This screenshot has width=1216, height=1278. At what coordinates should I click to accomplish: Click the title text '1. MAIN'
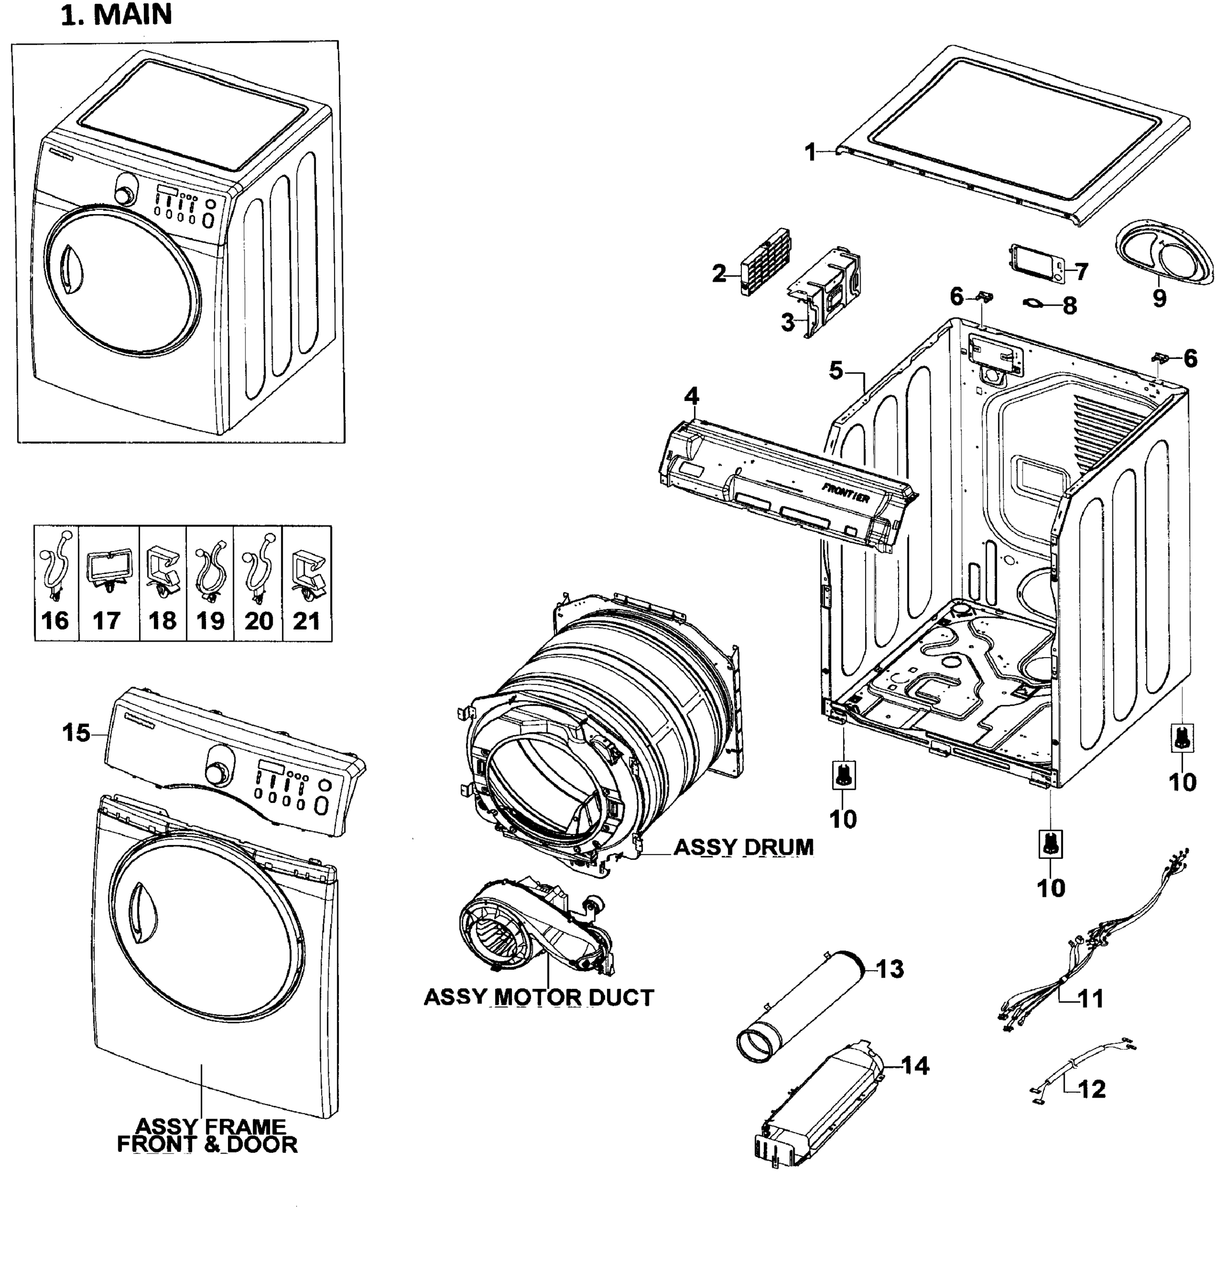pyautogui.click(x=117, y=14)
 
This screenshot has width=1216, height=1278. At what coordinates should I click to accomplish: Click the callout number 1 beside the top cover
pyautogui.click(x=810, y=152)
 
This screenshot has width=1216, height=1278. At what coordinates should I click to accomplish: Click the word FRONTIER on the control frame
pyautogui.click(x=845, y=493)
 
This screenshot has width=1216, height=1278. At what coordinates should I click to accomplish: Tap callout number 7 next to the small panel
pyautogui.click(x=1081, y=272)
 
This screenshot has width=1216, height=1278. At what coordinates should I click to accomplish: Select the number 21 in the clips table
pyautogui.click(x=307, y=621)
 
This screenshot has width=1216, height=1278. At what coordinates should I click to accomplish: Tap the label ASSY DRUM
pyautogui.click(x=744, y=847)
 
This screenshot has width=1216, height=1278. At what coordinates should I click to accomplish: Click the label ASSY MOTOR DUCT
pyautogui.click(x=538, y=997)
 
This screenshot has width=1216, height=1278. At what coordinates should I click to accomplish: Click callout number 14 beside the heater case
pyautogui.click(x=915, y=1066)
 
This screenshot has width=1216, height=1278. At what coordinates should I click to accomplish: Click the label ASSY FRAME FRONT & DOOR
pyautogui.click(x=207, y=1135)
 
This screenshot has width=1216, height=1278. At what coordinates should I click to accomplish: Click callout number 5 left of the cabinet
pyautogui.click(x=836, y=371)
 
